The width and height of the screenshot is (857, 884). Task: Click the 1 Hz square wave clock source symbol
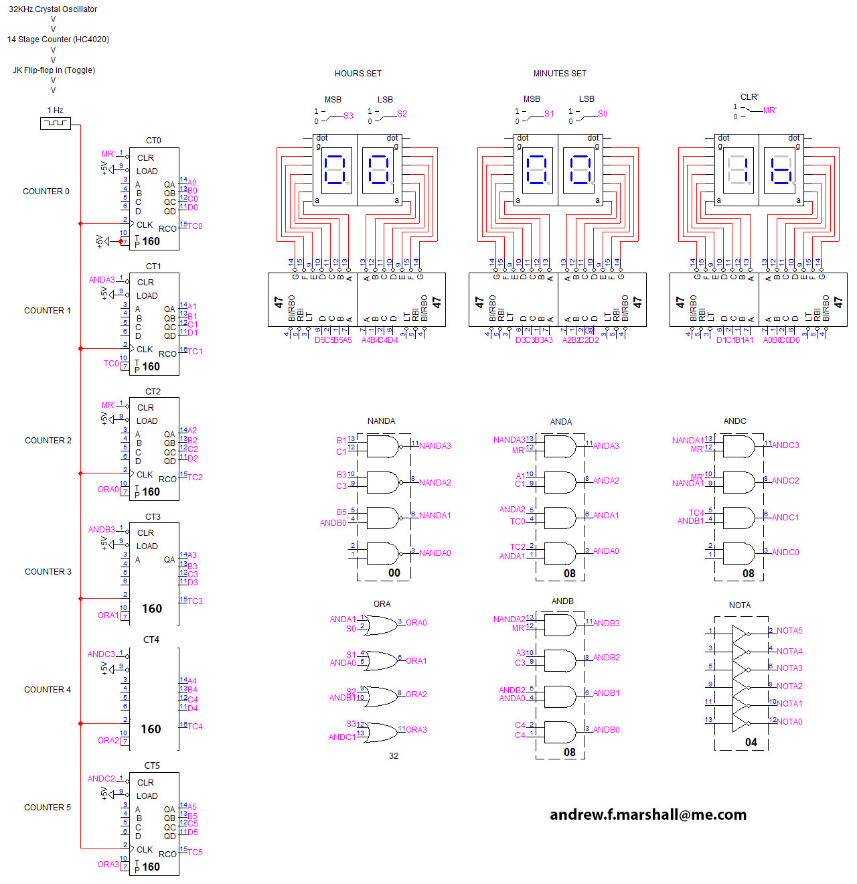[56, 123]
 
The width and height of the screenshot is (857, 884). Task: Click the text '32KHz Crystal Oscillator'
[53, 9]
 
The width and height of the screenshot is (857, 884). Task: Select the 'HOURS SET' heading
[358, 74]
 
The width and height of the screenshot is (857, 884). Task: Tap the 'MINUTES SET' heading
[559, 74]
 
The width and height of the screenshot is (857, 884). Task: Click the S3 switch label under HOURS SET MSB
[348, 116]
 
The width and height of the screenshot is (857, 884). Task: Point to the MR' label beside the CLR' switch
[770, 110]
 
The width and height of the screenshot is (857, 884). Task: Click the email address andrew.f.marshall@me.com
[647, 814]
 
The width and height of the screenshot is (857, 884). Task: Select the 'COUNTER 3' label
[48, 572]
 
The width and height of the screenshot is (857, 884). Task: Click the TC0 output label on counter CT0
[195, 226]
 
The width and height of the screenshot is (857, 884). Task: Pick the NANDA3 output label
[435, 446]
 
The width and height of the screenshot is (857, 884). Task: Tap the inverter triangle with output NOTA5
[740, 633]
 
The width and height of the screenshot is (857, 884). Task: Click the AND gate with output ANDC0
[739, 553]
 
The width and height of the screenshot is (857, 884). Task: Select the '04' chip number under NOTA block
[751, 742]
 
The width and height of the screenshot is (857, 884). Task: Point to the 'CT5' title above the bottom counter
[152, 765]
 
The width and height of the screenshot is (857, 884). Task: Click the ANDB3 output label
[606, 623]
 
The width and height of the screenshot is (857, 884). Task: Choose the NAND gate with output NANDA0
[382, 553]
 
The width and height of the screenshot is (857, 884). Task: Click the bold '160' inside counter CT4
[151, 729]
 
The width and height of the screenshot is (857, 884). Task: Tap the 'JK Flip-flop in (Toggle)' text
[54, 70]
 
